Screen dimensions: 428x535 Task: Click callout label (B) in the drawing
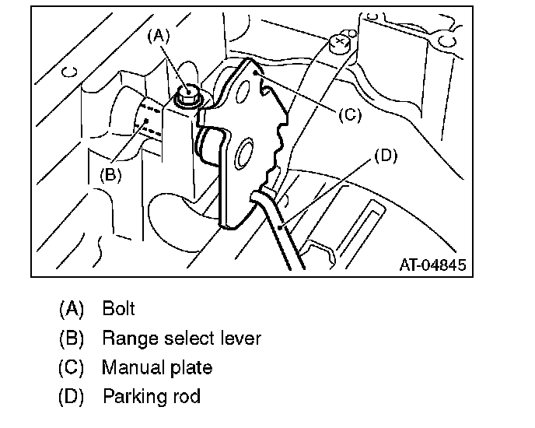tap(111, 174)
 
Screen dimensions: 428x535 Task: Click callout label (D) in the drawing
tap(385, 155)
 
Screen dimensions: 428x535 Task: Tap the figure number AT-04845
tap(432, 265)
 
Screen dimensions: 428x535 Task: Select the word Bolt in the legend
tap(118, 308)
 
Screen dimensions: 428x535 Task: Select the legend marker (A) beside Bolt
tap(71, 308)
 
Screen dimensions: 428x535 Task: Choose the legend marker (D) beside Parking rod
tap(71, 396)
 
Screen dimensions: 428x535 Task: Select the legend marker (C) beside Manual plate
tap(71, 367)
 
